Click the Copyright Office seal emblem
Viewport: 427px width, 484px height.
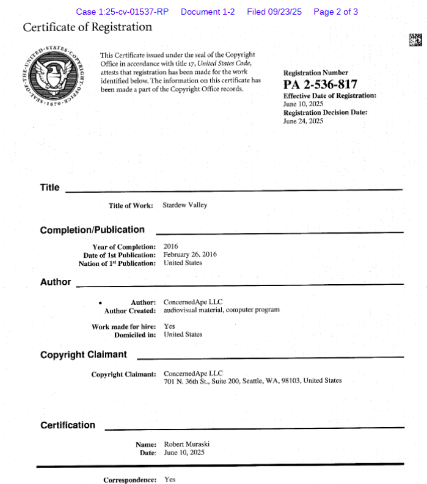coord(53,75)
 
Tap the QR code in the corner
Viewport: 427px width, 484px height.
coord(415,40)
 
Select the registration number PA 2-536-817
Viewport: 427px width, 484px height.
coord(320,85)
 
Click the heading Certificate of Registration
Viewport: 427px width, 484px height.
coord(87,28)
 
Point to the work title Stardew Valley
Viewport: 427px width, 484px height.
coord(184,205)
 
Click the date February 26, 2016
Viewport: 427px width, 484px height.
coord(190,254)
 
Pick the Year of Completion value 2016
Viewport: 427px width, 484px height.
coord(171,246)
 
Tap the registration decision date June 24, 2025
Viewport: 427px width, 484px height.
coord(303,121)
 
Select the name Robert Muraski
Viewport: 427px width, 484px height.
coord(187,444)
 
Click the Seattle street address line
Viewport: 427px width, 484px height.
coord(252,381)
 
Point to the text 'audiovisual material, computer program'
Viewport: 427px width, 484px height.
coord(221,310)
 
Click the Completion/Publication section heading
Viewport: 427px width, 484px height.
coord(92,230)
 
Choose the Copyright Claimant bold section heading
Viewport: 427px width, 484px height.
coord(84,354)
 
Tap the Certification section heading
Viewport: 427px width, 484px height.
coord(68,425)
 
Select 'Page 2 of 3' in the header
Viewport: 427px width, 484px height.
coord(335,12)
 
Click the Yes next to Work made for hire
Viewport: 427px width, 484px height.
coord(169,326)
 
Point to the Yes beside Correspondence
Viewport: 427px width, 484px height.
coord(170,480)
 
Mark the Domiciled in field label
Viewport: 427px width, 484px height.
coord(135,335)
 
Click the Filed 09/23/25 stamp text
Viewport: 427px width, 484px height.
coord(274,12)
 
